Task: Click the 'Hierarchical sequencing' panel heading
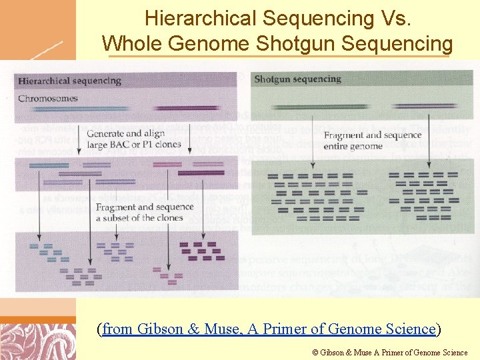[x=69, y=81]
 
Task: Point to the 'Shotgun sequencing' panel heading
[x=297, y=79]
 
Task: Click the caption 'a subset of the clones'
[x=139, y=218]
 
